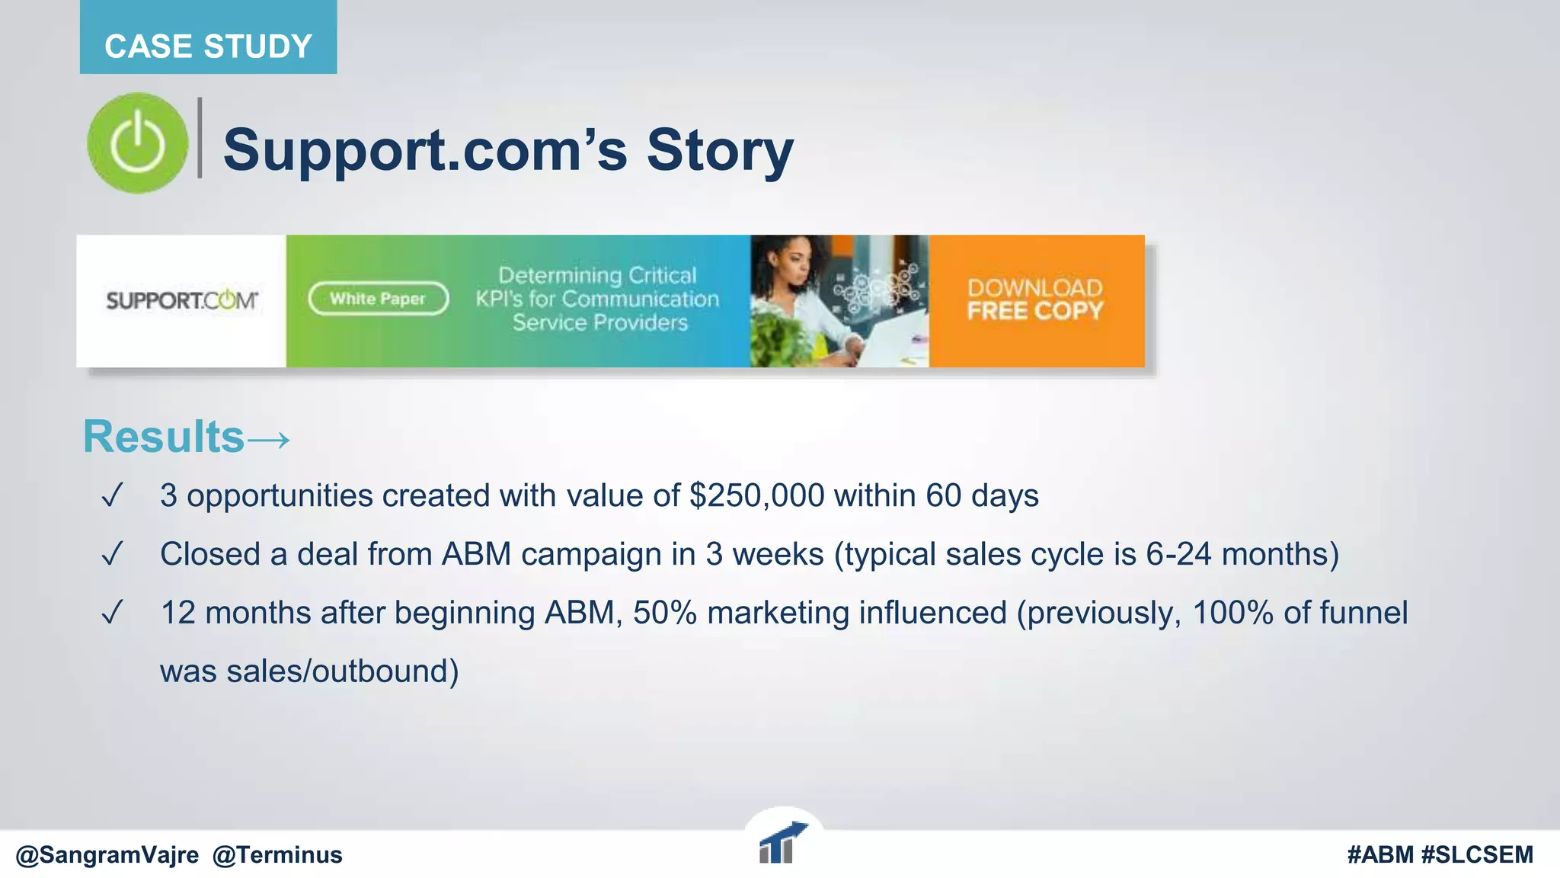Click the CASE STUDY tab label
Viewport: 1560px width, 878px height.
coord(208,46)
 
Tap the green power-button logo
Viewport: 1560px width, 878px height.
coord(137,143)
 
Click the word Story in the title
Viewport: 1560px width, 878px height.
coord(720,150)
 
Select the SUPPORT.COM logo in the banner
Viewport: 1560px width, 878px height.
coord(181,301)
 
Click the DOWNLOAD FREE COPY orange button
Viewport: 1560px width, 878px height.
coord(1036,300)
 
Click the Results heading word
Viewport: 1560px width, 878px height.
coord(163,437)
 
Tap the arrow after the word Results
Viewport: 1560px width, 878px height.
coord(269,440)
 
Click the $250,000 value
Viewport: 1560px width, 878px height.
coord(756,496)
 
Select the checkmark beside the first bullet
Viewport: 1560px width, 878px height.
coord(112,496)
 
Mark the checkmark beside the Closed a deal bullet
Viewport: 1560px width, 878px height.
coord(112,554)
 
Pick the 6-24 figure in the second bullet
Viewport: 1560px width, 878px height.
coord(1178,554)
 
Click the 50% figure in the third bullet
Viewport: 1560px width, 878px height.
coord(664,613)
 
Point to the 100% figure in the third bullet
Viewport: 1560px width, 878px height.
coord(1232,613)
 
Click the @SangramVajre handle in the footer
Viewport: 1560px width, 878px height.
coord(107,855)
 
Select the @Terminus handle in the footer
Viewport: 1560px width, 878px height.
coord(277,855)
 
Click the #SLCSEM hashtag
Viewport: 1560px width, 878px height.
coord(1477,855)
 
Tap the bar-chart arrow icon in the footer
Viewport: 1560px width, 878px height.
coord(782,843)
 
